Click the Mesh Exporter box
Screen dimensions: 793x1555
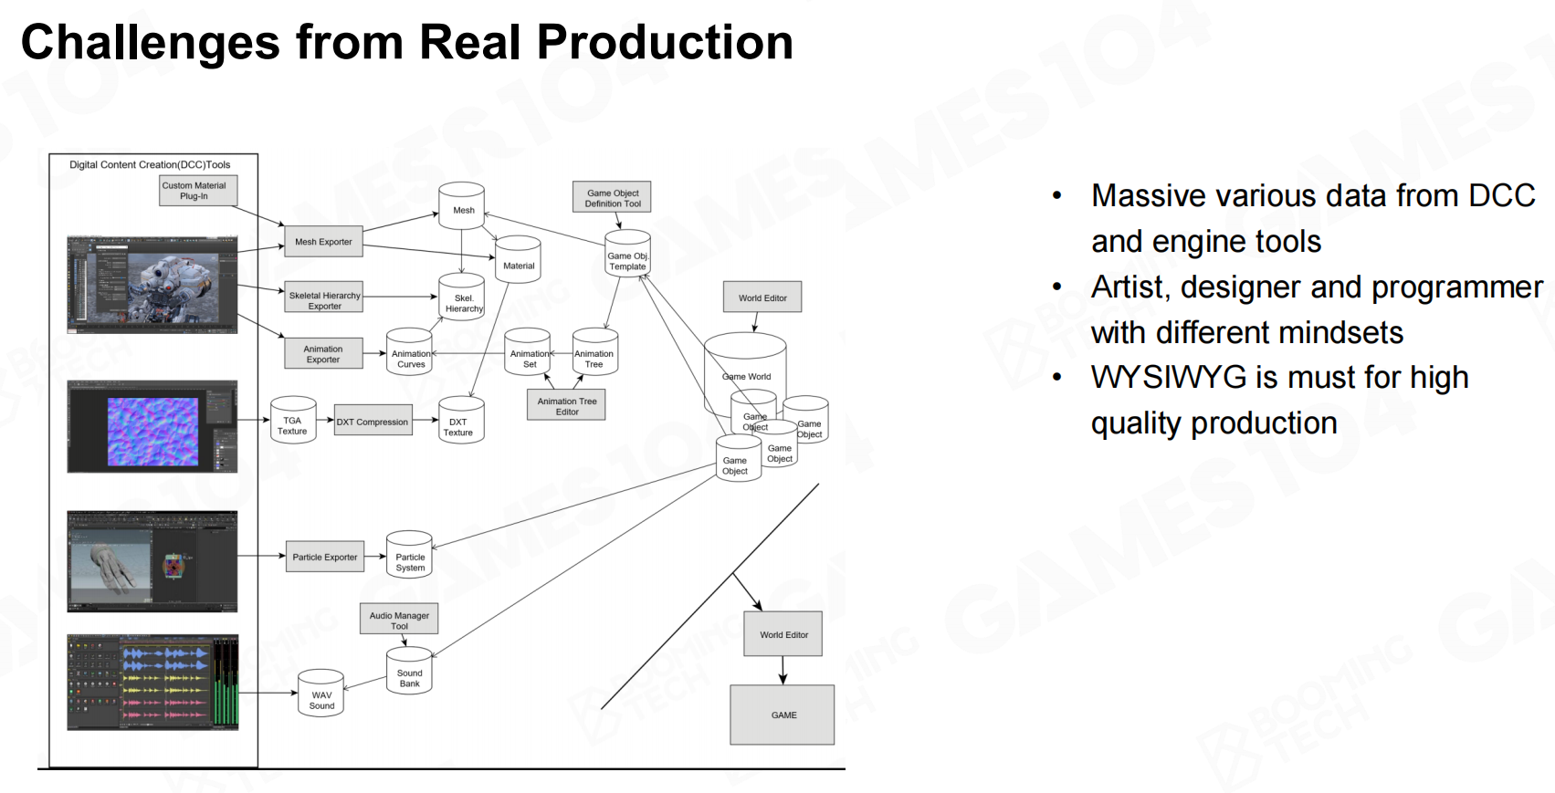[323, 242]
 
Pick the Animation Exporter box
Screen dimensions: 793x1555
[323, 354]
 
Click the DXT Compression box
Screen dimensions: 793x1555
[373, 422]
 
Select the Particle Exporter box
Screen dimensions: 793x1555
[324, 557]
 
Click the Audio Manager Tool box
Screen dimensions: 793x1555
[399, 619]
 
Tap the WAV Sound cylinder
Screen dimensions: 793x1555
[321, 695]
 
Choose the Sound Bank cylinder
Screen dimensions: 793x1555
[409, 673]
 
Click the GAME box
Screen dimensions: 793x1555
[783, 715]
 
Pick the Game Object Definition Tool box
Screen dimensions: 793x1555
[613, 198]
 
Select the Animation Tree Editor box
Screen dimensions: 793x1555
[566, 406]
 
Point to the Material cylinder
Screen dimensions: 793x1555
[518, 262]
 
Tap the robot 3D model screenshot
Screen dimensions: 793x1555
[152, 284]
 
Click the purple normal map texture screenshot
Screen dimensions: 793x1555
[152, 427]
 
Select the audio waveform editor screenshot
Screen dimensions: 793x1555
[152, 682]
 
